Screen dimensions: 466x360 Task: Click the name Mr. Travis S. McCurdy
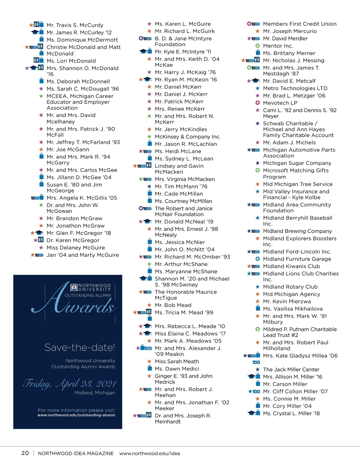click(75, 25)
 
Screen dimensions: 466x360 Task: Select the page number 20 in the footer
click(25, 453)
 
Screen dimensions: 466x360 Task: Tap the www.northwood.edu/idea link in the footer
click(149, 453)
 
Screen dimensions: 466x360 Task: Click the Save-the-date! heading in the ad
click(79, 347)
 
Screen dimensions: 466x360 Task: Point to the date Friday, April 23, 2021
click(69, 384)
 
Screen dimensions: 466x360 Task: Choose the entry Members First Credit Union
click(299, 24)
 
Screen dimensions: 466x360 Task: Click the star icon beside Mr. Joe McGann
click(41, 149)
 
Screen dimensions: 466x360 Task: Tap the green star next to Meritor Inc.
click(257, 46)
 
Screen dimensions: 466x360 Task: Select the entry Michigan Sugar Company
click(297, 163)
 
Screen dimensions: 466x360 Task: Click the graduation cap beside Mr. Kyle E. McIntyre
click(143, 51)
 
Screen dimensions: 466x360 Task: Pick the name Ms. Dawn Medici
click(177, 369)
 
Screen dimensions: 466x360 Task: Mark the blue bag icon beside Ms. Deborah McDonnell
click(42, 81)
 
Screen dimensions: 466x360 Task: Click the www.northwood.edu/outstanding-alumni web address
click(76, 415)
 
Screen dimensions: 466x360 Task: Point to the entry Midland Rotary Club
click(290, 287)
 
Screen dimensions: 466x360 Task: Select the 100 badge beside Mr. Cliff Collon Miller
click(256, 392)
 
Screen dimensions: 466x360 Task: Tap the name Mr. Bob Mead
click(173, 305)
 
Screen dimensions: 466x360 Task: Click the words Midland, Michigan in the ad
click(94, 393)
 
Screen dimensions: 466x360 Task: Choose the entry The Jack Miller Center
click(291, 369)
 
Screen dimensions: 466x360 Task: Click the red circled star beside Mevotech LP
click(257, 103)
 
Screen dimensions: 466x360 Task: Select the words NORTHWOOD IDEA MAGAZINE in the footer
click(76, 453)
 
